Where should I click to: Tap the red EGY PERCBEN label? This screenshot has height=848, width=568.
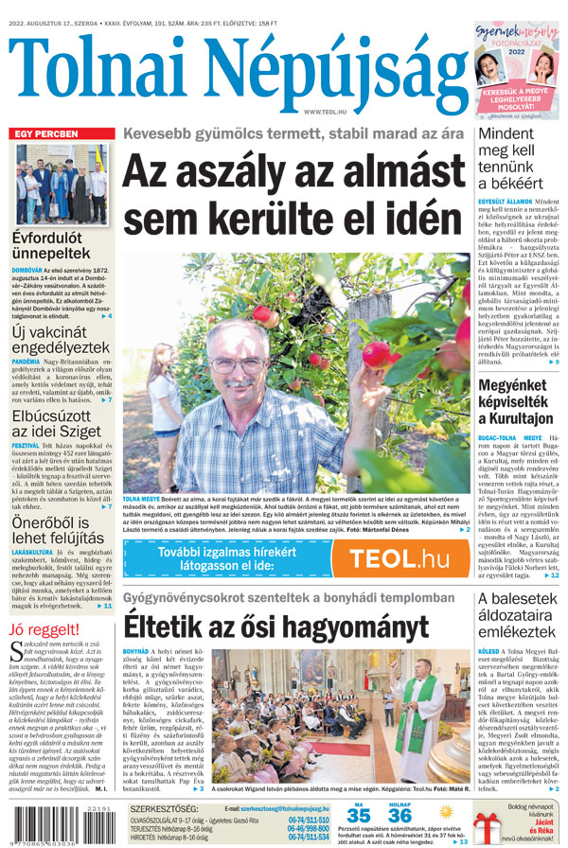tap(46, 134)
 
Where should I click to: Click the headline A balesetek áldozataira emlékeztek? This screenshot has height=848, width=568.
tap(519, 621)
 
